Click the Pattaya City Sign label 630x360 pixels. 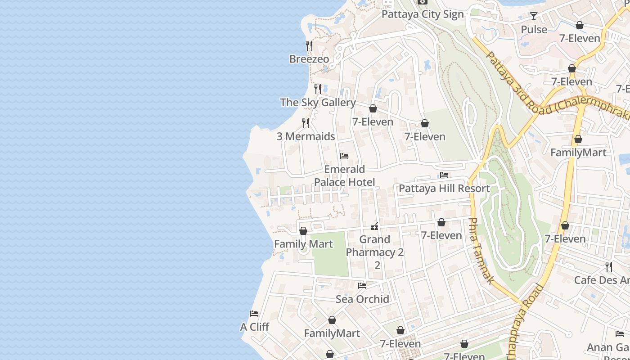coord(422,14)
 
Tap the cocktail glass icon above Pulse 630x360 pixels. coord(533,16)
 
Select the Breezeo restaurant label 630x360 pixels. coord(309,59)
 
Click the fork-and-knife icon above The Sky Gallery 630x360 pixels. coord(318,89)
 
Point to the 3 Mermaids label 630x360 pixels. coord(306,136)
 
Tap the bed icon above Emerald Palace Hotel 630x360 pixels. coord(344,156)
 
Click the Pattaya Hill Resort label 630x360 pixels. coord(444,188)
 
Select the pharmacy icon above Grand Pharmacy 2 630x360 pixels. coord(374,226)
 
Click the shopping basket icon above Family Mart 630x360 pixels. coord(303,231)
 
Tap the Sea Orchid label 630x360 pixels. coord(362,299)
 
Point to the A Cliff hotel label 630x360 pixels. coord(254,327)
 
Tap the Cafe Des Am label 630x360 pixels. coord(602,280)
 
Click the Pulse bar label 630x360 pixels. coord(534,29)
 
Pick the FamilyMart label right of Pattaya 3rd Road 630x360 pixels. coord(578,152)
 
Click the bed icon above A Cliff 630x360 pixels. coord(254,313)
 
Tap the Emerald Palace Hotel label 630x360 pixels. coord(344,175)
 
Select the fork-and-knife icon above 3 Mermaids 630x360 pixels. coord(306,123)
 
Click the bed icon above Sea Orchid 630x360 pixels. coord(362,285)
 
